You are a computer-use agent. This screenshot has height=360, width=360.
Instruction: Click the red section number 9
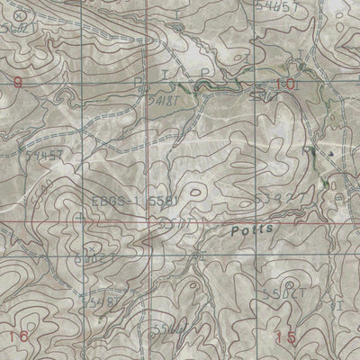(16, 84)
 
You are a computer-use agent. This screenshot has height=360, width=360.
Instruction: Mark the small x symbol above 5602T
(88, 246)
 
